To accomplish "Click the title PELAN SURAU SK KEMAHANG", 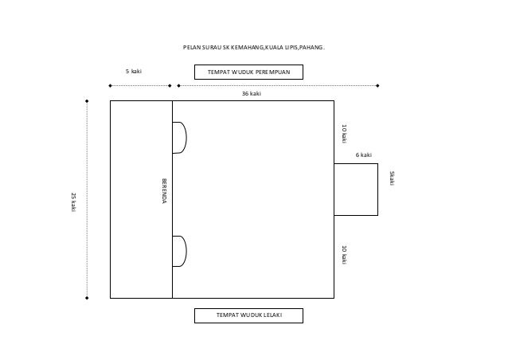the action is click(253, 49).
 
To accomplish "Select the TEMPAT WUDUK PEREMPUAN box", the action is click(248, 72).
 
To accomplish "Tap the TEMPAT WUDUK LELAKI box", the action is click(248, 316).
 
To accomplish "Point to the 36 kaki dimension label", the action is click(252, 94).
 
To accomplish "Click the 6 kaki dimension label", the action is click(363, 155).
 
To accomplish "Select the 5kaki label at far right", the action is click(391, 178).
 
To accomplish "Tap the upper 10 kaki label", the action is click(344, 134).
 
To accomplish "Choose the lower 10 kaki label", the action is click(344, 254).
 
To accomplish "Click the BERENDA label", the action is click(165, 189).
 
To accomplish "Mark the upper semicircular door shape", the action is click(180, 137).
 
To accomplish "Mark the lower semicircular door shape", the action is click(180, 252).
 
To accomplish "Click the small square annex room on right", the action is click(355, 190).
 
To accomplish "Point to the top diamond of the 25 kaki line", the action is click(87, 101).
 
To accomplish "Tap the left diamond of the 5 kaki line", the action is click(110, 85).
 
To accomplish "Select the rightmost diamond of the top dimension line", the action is click(377, 85).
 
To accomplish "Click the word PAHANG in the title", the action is click(312, 49).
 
